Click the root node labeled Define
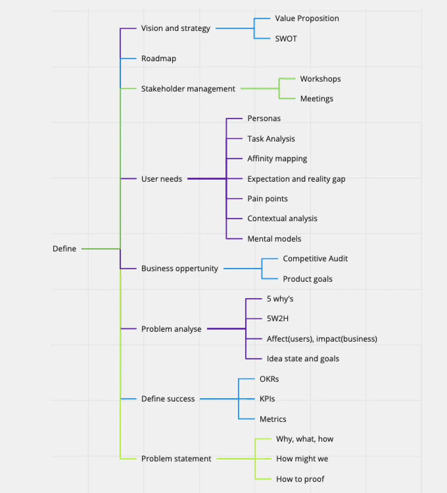64,249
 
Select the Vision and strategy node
175,28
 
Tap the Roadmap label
158,58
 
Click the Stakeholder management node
188,89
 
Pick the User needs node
161,179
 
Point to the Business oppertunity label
179,269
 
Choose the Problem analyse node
171,329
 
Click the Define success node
168,399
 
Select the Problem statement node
176,458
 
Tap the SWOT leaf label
286,39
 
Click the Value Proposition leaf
307,18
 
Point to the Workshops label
320,79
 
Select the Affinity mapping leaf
277,159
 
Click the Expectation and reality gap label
296,179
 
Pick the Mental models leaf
274,239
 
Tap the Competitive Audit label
315,259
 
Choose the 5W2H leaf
277,318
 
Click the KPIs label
267,399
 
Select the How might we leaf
302,458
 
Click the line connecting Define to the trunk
101,249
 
